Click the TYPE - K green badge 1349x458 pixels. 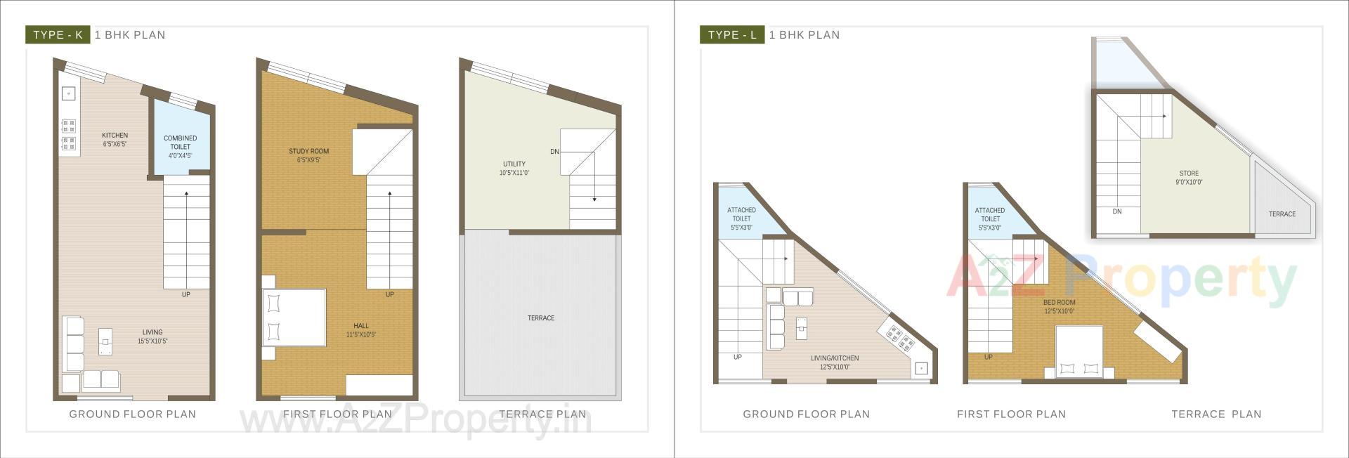coord(58,35)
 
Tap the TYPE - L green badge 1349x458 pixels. coord(732,35)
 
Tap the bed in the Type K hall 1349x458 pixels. coord(294,317)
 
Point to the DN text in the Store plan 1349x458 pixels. coord(1117,211)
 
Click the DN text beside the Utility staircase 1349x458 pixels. coord(554,152)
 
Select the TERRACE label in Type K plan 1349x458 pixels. coord(541,318)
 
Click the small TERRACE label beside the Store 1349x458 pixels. coord(1282,214)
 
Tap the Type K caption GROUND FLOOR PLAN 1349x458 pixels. coord(132,414)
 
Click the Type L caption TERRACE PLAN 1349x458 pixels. coord(1216,414)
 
